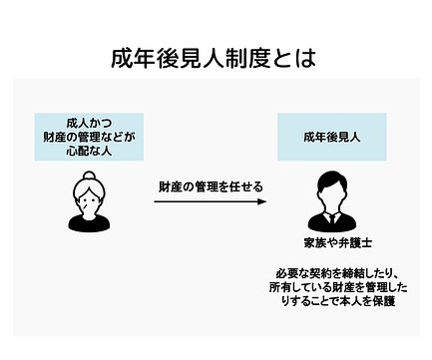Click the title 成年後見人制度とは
click(214, 59)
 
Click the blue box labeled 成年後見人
click(332, 137)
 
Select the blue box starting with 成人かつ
click(89, 137)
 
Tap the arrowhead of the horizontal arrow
click(262, 201)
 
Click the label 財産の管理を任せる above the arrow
click(211, 186)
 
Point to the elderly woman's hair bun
click(89, 176)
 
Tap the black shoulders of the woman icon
click(89, 222)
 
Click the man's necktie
click(332, 218)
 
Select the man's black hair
click(332, 181)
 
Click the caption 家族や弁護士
click(337, 243)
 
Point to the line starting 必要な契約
click(336, 273)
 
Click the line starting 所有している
click(338, 287)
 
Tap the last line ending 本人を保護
click(338, 301)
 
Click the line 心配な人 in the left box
click(89, 152)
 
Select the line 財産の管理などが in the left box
click(89, 138)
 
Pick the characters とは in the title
click(293, 59)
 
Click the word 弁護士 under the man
click(355, 243)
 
